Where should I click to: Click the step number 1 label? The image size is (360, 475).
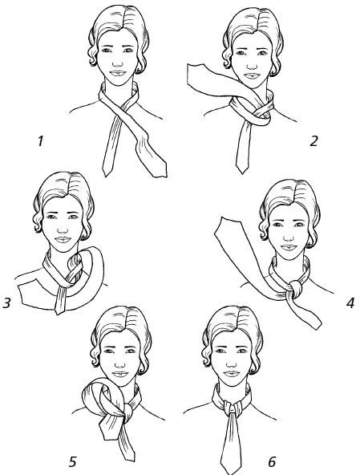(x=40, y=141)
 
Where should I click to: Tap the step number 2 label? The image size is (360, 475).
(x=313, y=141)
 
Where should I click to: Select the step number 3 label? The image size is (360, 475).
(x=6, y=302)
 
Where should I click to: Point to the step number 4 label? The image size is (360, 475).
(x=350, y=303)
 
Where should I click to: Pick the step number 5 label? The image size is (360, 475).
(x=73, y=462)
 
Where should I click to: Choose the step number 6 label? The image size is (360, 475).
(x=272, y=462)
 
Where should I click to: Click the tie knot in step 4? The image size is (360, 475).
(x=295, y=289)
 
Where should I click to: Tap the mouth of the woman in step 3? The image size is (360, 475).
(x=63, y=240)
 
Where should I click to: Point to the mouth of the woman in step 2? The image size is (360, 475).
(x=252, y=75)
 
